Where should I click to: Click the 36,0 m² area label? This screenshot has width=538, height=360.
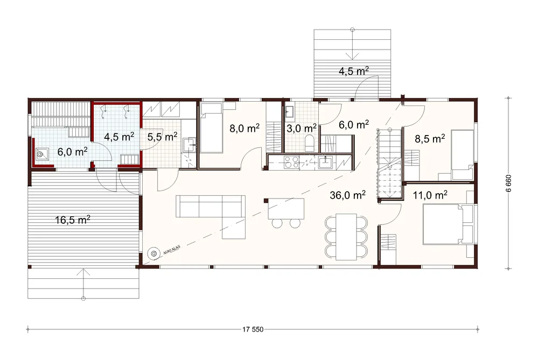(x=347, y=195)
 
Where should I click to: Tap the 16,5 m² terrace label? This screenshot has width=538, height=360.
(x=73, y=220)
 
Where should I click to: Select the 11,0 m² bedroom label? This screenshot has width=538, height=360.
(x=430, y=195)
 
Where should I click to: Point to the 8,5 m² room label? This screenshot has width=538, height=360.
(x=430, y=139)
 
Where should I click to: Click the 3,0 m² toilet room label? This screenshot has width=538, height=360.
(x=302, y=129)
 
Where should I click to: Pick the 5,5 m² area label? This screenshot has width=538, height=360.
(x=162, y=137)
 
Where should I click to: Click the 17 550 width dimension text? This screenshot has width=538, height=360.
(x=253, y=329)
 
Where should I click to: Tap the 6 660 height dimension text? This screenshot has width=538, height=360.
(x=508, y=183)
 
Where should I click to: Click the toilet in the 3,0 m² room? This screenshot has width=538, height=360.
(x=310, y=143)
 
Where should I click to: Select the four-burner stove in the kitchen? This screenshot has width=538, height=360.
(x=291, y=162)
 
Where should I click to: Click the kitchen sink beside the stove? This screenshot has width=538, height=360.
(x=325, y=162)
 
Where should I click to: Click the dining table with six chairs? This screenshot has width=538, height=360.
(x=346, y=237)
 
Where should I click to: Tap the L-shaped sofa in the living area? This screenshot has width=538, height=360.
(x=211, y=213)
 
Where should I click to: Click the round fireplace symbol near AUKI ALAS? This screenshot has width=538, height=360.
(x=153, y=253)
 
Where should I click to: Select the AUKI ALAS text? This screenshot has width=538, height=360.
(x=172, y=250)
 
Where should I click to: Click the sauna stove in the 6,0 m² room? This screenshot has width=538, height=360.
(x=41, y=154)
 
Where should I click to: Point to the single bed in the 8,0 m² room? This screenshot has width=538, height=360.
(x=211, y=128)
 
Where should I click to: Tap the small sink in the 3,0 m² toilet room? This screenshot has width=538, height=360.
(x=289, y=111)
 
